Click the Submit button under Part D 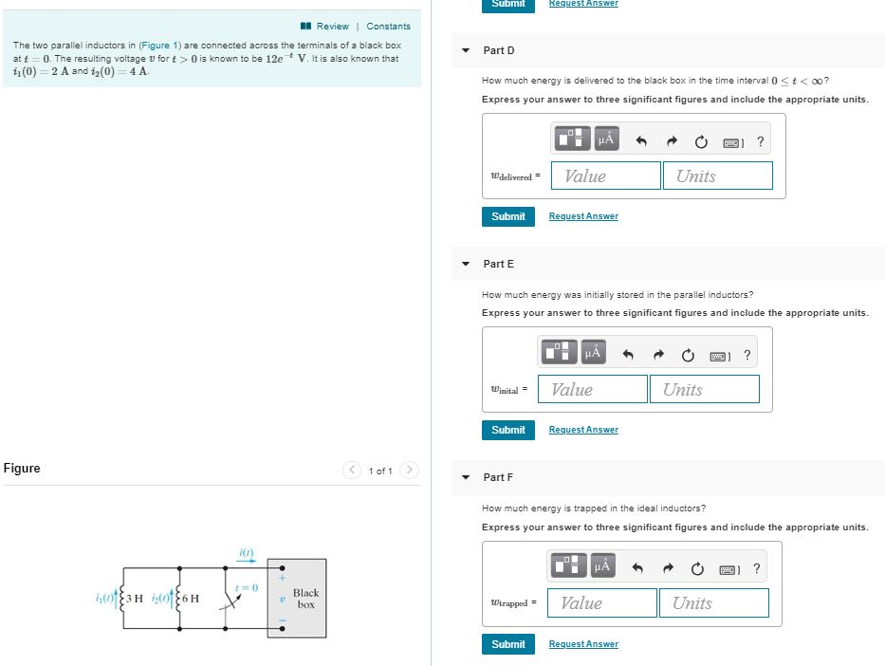click(508, 216)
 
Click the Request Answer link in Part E click(582, 430)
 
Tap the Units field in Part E click(704, 389)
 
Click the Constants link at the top click(388, 27)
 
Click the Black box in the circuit click(305, 598)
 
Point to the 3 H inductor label click(134, 598)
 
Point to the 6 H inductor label click(190, 598)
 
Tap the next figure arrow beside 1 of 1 click(409, 471)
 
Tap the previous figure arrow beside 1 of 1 click(353, 471)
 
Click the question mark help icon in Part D click(760, 142)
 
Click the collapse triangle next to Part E click(465, 264)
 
